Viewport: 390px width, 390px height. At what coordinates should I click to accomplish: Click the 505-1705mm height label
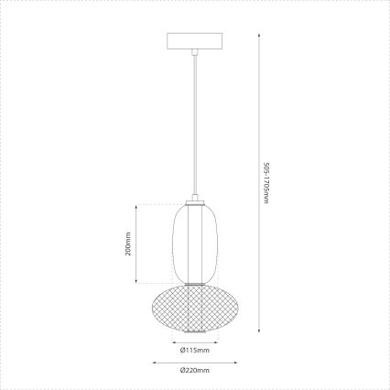[x=265, y=184]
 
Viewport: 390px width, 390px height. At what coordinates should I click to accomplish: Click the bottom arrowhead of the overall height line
[x=258, y=331]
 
